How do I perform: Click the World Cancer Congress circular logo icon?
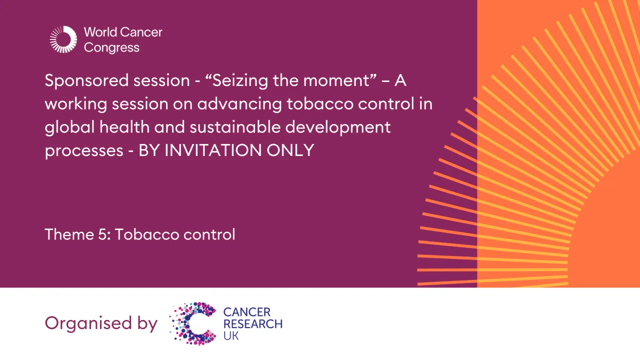[x=64, y=39]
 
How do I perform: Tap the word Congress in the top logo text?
[x=112, y=48]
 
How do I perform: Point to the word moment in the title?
[x=343, y=80]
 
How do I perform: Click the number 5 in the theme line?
[x=103, y=234]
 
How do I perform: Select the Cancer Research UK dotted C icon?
[x=193, y=323]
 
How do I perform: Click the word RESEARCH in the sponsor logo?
[x=253, y=324]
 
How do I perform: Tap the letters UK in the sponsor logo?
[x=231, y=335]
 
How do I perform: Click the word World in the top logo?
[x=101, y=32]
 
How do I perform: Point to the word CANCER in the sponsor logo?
[x=247, y=312]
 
